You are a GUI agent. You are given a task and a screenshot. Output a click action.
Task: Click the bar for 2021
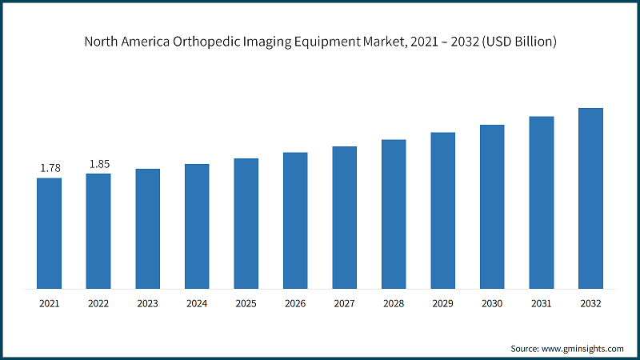point(49,233)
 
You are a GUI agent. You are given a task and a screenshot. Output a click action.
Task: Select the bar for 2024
point(197,226)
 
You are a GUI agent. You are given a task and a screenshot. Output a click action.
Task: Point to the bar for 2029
point(443,210)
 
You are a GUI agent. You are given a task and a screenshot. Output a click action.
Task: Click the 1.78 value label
point(49,168)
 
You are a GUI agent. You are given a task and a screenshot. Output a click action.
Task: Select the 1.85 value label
point(98,164)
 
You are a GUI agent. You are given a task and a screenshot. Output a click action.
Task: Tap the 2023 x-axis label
point(147,304)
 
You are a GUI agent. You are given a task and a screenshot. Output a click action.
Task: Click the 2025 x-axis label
point(246,304)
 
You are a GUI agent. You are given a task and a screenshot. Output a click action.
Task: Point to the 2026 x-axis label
point(295,304)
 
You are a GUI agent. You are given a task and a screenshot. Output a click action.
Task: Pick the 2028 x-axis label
point(394,304)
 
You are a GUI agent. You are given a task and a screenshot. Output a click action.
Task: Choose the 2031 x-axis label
point(541,304)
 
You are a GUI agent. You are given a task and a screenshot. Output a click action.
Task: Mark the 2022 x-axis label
point(98,304)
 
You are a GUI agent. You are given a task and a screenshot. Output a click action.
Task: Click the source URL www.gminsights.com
point(583,349)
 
